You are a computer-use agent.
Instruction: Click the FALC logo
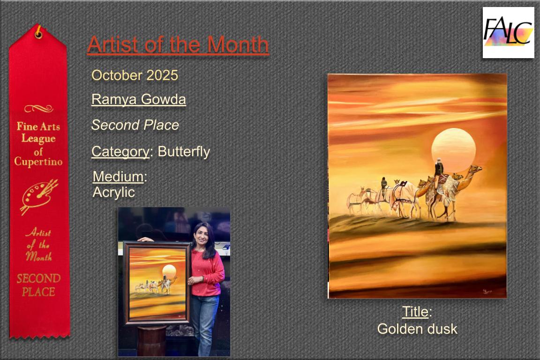pyautogui.click(x=508, y=32)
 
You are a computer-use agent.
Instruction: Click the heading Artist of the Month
pyautogui.click(x=178, y=45)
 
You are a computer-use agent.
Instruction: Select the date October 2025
pyautogui.click(x=135, y=75)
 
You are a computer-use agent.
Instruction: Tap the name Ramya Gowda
pyautogui.click(x=139, y=99)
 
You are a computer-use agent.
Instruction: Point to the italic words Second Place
pyautogui.click(x=135, y=125)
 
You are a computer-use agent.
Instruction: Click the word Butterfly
pyautogui.click(x=184, y=151)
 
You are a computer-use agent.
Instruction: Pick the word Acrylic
pyautogui.click(x=113, y=192)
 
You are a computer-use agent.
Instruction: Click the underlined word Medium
pyautogui.click(x=118, y=177)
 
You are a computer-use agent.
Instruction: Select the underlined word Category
pyautogui.click(x=120, y=151)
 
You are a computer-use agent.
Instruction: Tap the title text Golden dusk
pyautogui.click(x=417, y=329)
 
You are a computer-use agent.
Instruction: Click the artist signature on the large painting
pyautogui.click(x=487, y=292)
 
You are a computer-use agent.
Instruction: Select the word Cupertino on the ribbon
pyautogui.click(x=38, y=162)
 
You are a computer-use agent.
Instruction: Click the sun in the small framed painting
pyautogui.click(x=169, y=271)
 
